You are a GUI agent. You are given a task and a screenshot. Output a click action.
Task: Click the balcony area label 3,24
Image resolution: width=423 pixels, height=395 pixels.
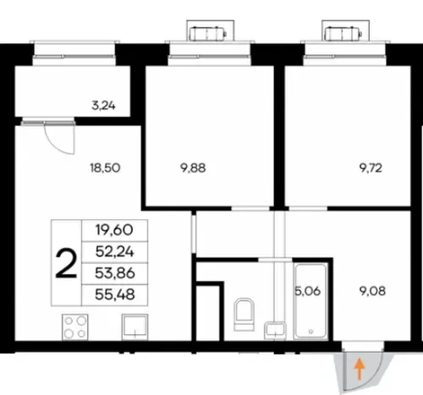[103, 106]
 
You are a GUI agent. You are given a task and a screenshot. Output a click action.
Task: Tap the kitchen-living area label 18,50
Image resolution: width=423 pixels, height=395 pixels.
[105, 167]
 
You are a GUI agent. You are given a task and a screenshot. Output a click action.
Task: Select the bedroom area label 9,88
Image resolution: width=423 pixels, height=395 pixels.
[193, 168]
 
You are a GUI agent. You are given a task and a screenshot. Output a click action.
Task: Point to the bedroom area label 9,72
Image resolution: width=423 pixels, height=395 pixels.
[371, 168]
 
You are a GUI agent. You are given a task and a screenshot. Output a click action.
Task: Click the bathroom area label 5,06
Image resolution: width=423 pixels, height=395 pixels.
[308, 291]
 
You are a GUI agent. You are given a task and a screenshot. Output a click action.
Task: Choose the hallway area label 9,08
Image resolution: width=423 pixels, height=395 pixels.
[373, 291]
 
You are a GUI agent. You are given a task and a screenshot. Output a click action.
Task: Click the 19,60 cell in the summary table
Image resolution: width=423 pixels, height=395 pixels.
[114, 230]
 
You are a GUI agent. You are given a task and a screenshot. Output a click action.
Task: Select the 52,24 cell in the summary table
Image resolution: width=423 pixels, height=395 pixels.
[114, 252]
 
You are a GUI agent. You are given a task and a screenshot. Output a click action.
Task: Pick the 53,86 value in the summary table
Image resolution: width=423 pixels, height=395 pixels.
[115, 273]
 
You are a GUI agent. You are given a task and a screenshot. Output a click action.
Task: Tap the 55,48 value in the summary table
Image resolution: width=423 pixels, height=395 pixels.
[115, 295]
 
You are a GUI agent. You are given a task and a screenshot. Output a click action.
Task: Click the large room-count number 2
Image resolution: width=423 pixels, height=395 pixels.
[66, 264]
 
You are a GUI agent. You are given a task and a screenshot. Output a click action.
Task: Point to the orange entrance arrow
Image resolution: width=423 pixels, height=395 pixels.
[360, 369]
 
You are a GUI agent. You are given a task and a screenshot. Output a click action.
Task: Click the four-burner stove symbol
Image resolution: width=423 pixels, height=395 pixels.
[75, 327]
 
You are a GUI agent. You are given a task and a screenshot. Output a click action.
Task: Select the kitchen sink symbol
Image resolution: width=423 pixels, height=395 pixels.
[135, 327]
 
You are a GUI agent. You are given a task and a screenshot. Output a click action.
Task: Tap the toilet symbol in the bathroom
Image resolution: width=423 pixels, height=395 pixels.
[244, 315]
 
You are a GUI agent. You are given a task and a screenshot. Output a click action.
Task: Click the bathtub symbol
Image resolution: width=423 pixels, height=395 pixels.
[310, 300]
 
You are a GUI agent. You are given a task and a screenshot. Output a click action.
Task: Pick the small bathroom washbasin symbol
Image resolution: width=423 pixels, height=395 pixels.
[275, 331]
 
